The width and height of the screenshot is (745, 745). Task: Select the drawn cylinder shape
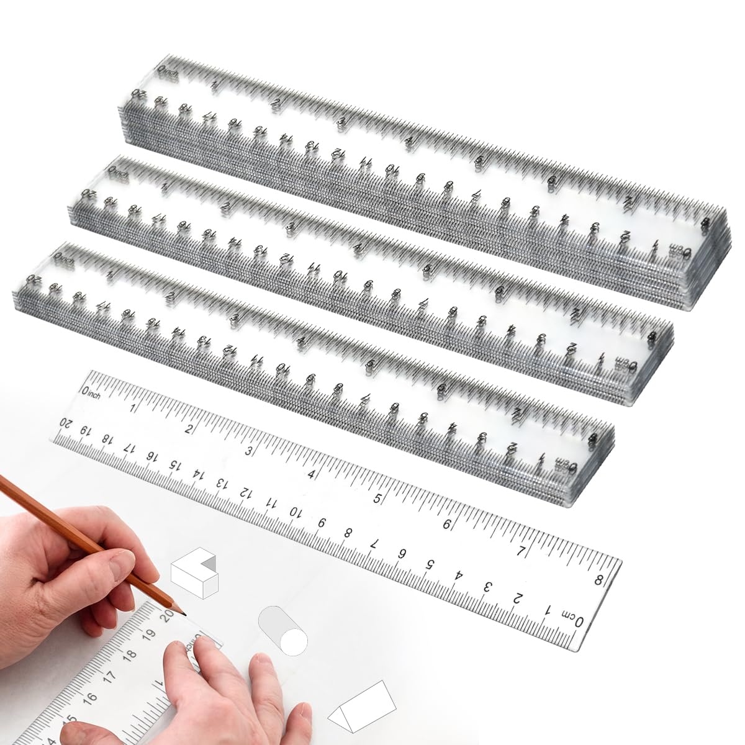click(x=283, y=628)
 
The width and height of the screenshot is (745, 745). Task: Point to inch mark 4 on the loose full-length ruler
click(x=313, y=475)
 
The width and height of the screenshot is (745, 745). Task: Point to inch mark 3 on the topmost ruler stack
click(x=340, y=122)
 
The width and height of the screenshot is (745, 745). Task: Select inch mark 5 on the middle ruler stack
click(x=426, y=269)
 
